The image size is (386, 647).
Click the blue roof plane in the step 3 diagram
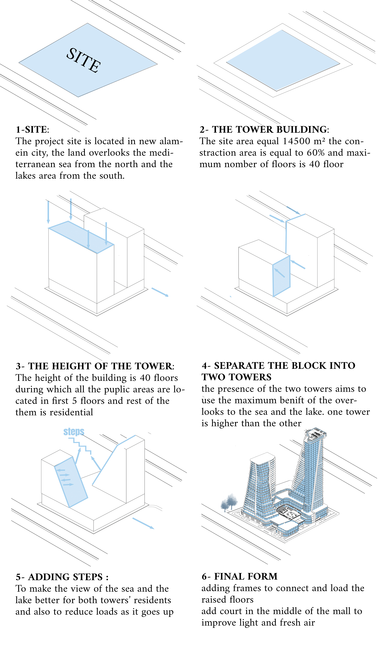[81, 237]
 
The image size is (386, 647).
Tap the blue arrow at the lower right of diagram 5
[143, 523]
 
